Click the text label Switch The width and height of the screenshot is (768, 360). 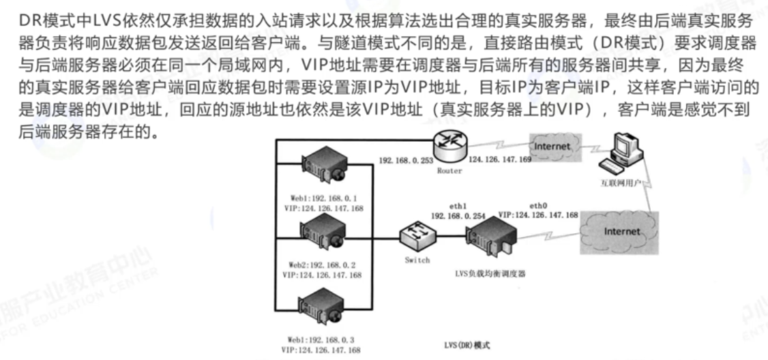(x=417, y=260)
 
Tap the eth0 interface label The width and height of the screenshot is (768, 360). (x=539, y=204)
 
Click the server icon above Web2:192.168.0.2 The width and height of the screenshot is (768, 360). (x=323, y=232)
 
